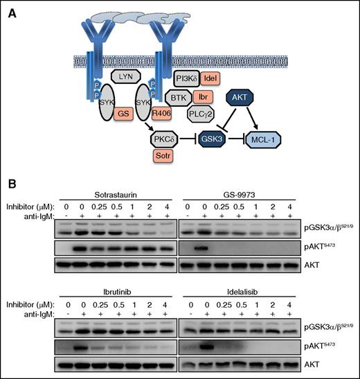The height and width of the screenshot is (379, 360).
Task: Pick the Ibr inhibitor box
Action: [x=204, y=96]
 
